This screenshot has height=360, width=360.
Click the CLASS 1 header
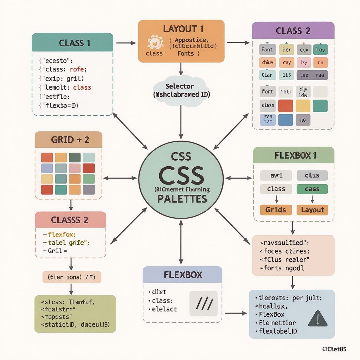pyautogui.click(x=72, y=43)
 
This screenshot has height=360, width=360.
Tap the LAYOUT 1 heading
pyautogui.click(x=181, y=29)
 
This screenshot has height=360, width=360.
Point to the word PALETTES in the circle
pyautogui.click(x=182, y=199)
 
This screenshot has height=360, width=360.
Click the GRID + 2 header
pyautogui.click(x=69, y=140)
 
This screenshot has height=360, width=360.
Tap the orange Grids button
pyautogui.click(x=276, y=210)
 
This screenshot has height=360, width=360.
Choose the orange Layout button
pyautogui.click(x=312, y=210)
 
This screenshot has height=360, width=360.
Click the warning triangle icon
pyautogui.click(x=318, y=319)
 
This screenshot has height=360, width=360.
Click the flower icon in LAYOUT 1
pyautogui.click(x=155, y=43)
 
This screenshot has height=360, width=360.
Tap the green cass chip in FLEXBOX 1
pyautogui.click(x=312, y=189)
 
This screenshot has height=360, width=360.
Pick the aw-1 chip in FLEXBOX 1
pyautogui.click(x=276, y=175)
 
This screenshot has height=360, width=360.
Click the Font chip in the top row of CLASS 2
pyautogui.click(x=267, y=50)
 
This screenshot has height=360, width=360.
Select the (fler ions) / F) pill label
pyautogui.click(x=72, y=277)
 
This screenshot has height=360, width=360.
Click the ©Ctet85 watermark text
pyautogui.click(x=334, y=349)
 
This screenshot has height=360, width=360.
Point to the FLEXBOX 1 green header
pyautogui.click(x=294, y=155)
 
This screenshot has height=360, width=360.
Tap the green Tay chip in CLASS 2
pyautogui.click(x=320, y=50)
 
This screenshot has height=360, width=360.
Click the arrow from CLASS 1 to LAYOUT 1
pyautogui.click(x=126, y=43)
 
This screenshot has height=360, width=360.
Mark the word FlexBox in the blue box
pyautogui.click(x=271, y=314)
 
